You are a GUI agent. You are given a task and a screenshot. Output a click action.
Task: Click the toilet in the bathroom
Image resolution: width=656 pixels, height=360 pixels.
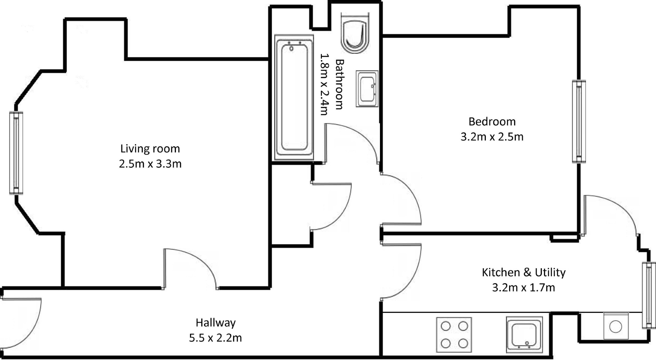[355, 33]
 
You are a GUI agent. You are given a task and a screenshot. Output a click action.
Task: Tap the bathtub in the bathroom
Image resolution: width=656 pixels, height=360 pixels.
[294, 97]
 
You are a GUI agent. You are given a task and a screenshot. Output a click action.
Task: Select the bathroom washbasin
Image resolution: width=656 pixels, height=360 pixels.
[367, 89]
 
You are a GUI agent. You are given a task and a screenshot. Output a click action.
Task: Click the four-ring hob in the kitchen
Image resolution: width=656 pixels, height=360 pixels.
[454, 335]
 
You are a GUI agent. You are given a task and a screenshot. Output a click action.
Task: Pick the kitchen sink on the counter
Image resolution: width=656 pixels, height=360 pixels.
[524, 334]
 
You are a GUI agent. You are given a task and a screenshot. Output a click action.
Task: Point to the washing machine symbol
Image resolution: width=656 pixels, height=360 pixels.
[616, 326]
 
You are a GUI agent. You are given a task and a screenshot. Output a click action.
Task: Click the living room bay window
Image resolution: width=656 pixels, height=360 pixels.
[16, 153]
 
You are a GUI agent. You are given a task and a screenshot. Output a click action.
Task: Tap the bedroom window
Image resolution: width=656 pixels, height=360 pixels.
[579, 121]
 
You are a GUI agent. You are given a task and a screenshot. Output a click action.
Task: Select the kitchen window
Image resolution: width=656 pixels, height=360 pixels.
[649, 295]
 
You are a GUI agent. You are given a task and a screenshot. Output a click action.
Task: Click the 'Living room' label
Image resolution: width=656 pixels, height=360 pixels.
[150, 149]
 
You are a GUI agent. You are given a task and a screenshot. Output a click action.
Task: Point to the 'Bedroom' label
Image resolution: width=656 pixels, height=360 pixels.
[492, 122]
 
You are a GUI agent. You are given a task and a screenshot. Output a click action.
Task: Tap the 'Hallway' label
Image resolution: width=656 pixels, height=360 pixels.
[216, 323]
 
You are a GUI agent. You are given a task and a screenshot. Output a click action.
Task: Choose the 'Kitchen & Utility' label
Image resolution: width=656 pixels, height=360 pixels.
[524, 272]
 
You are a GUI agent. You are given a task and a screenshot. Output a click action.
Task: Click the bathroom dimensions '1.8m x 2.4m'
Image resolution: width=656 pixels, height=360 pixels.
[324, 84]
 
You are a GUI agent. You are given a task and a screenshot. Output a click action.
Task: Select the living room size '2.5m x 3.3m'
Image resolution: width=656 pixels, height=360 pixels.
[150, 164]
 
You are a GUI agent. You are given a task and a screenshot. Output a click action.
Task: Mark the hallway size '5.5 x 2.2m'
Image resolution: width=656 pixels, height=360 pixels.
[215, 338]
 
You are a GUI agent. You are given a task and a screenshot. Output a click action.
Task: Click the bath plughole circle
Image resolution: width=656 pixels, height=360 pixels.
[291, 49]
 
